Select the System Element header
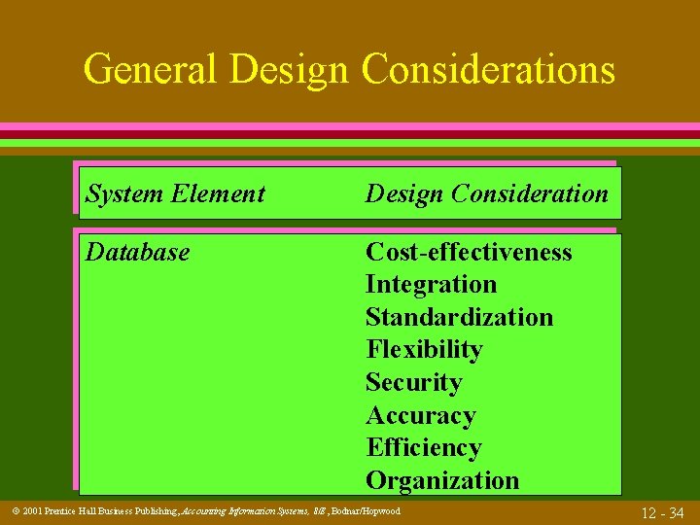point(175,193)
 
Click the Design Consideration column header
point(486,193)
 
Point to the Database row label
point(138,252)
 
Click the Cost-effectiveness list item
point(469,252)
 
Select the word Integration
point(431,285)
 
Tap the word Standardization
point(459,317)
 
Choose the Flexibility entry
point(424,349)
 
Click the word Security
point(414,382)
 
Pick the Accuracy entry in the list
point(421,415)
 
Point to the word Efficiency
point(423,447)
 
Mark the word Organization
point(442,480)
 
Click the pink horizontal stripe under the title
point(350,127)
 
